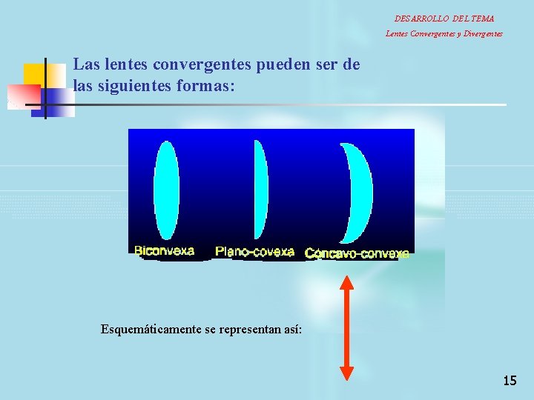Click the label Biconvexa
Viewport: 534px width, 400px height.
tap(164, 250)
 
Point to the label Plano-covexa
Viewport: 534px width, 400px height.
tap(254, 252)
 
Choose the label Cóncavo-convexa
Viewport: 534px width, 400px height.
tap(357, 253)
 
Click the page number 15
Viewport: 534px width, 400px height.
tap(510, 381)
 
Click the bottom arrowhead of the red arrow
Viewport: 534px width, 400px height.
tap(346, 374)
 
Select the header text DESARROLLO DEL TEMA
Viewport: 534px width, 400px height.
tap(444, 19)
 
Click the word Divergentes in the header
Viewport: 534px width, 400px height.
tap(483, 33)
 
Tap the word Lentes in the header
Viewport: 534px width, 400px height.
tap(396, 33)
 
